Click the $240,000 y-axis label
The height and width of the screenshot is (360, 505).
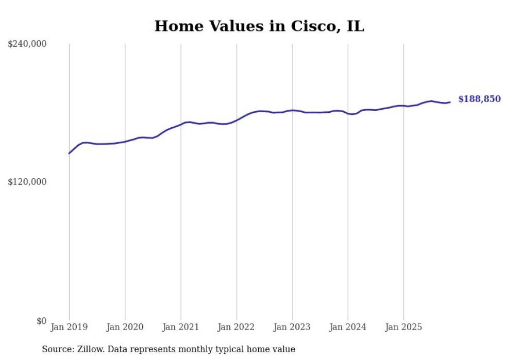(x=27, y=44)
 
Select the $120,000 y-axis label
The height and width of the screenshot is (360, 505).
(x=27, y=182)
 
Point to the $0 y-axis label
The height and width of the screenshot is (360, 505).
(x=41, y=321)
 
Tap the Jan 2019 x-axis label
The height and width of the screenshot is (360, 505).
(x=69, y=327)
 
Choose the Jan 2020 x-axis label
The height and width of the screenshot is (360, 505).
(x=125, y=327)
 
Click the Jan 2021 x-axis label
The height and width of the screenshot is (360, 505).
(x=180, y=327)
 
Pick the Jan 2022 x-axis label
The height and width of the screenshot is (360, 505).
(x=237, y=327)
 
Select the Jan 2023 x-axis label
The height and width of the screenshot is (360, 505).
(x=292, y=327)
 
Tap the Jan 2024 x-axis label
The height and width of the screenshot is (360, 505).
(x=348, y=327)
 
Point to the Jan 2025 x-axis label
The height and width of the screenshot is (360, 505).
(x=403, y=327)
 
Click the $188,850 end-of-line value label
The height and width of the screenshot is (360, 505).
(x=479, y=99)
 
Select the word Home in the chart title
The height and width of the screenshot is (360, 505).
(x=176, y=26)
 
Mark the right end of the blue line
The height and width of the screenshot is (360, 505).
(x=450, y=102)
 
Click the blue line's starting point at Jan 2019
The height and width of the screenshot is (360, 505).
(x=69, y=153)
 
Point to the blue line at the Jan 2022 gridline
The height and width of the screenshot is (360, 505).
(x=237, y=120)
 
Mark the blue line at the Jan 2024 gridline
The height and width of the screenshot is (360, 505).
(x=348, y=113)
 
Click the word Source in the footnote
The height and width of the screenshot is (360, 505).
(x=57, y=349)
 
